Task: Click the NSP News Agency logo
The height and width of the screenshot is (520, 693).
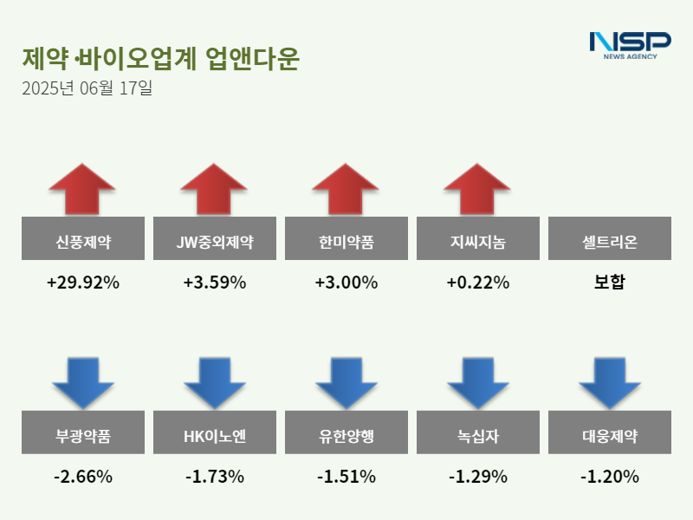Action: (x=630, y=44)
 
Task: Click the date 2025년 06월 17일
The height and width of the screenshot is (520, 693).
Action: (x=87, y=88)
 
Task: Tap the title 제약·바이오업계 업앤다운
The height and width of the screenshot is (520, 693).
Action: (x=160, y=58)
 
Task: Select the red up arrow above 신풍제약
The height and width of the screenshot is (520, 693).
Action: (x=82, y=187)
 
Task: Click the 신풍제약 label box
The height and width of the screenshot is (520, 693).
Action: (x=82, y=238)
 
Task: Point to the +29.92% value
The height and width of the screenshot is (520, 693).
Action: (x=82, y=283)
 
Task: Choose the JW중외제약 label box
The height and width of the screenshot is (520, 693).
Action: (x=214, y=238)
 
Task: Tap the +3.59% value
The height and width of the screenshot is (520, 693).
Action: (x=214, y=283)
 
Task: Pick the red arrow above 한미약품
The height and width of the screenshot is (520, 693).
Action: (x=346, y=187)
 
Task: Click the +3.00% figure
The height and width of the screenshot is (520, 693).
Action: (x=346, y=283)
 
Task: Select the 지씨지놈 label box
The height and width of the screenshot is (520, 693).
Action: (x=477, y=238)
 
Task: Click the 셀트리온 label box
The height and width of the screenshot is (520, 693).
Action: (x=609, y=238)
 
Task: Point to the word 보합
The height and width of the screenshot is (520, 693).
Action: (x=609, y=283)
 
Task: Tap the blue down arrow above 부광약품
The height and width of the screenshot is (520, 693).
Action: (x=82, y=382)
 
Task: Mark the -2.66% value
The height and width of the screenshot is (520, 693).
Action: (x=82, y=477)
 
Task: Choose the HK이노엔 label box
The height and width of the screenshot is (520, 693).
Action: (x=214, y=432)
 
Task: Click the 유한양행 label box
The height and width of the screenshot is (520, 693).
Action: (x=346, y=432)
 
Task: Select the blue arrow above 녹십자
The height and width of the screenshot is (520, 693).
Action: (x=477, y=382)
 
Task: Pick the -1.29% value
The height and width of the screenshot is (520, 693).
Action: (x=477, y=477)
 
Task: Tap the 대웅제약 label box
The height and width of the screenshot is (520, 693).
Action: (x=609, y=432)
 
